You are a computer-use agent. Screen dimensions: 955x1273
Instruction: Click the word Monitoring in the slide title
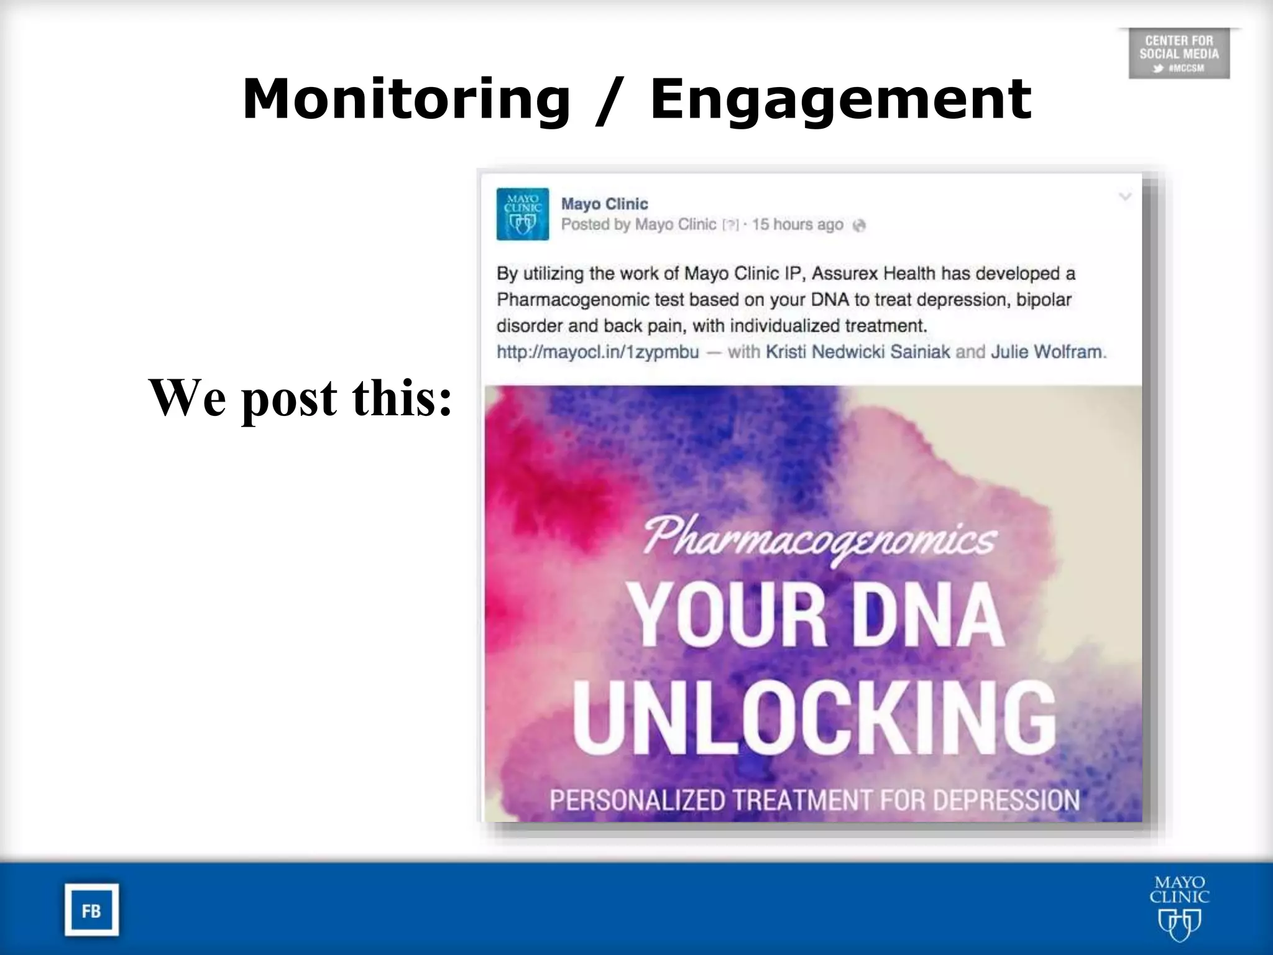406,99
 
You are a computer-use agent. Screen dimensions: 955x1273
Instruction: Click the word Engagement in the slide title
840,99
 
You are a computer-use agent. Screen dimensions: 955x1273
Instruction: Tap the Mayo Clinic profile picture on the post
522,214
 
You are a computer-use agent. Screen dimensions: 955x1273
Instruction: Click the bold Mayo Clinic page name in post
604,204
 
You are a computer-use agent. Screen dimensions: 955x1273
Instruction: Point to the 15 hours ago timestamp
797,224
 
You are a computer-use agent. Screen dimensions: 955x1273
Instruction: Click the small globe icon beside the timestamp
859,226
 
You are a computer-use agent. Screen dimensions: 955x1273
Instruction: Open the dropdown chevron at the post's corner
1125,197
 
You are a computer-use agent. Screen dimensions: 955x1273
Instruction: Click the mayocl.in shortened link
597,352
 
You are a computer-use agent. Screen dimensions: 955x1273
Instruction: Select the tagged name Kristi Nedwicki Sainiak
858,352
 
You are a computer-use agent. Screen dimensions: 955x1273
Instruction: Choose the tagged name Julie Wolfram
1046,352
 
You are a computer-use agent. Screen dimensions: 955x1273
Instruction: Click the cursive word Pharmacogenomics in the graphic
819,539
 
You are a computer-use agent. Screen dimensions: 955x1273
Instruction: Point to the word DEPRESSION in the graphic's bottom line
1006,800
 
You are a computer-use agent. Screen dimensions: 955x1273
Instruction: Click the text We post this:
300,398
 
